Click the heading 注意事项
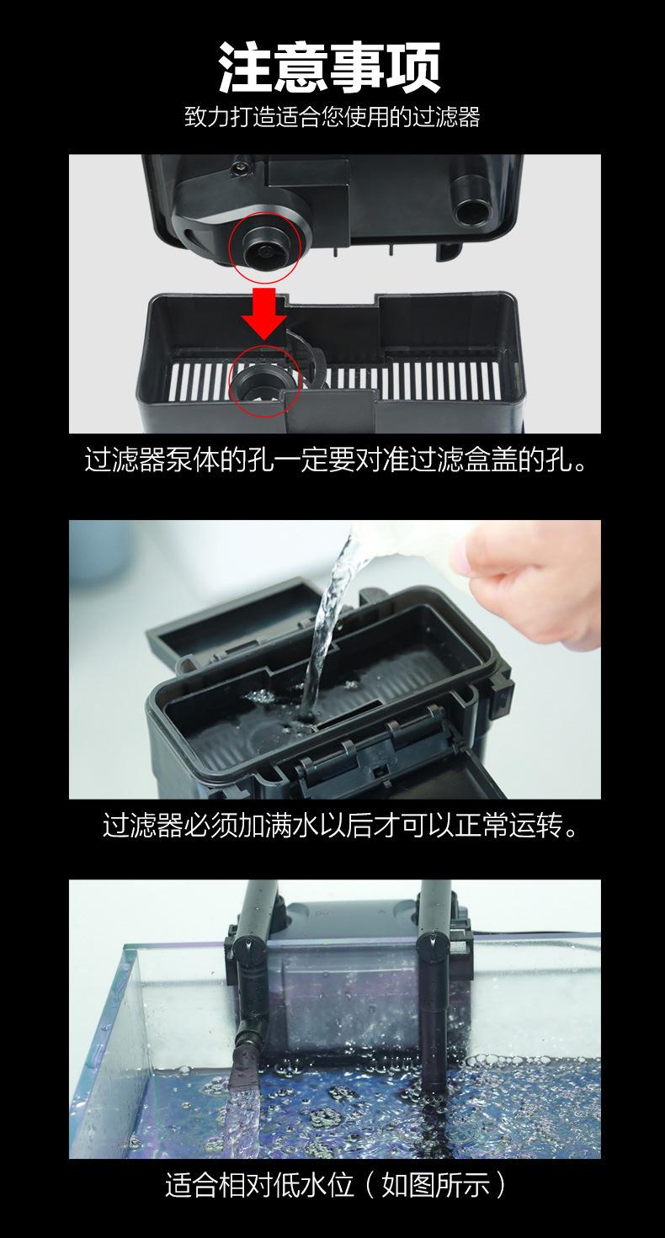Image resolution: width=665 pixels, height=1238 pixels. click(x=330, y=68)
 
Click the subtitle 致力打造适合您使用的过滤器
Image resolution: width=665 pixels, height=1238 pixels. click(x=332, y=117)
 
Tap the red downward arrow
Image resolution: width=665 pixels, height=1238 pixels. click(x=264, y=313)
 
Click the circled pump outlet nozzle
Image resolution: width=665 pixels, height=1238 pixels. click(x=265, y=250)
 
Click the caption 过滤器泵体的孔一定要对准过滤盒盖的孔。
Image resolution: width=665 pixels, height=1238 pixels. click(x=335, y=460)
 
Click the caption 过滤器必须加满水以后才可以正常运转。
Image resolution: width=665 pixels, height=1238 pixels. click(x=341, y=825)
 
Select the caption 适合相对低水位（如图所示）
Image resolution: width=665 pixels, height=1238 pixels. click(x=335, y=1184)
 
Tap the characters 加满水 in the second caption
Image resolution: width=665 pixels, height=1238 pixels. click(x=279, y=825)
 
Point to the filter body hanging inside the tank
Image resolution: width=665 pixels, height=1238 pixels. click(x=348, y=989)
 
